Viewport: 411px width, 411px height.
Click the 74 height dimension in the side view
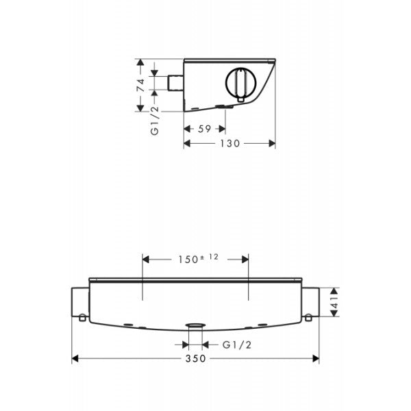point(140,85)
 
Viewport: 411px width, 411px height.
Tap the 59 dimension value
point(205,127)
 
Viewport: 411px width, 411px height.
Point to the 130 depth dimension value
point(229,143)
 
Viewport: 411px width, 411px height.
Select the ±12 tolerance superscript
point(210,257)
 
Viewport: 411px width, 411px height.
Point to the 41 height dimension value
point(335,301)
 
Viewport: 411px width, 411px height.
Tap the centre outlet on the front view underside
point(196,326)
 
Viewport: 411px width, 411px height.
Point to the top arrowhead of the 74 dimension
point(140,63)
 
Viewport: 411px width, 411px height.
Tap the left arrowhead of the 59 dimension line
point(186,127)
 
